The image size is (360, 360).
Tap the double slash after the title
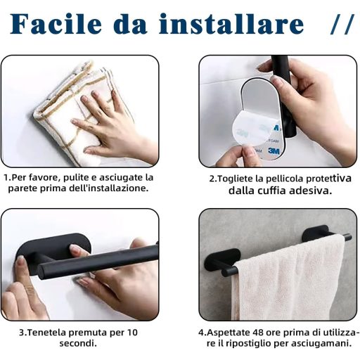342,25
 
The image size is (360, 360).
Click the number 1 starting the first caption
6,178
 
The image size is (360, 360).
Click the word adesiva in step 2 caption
310,191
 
